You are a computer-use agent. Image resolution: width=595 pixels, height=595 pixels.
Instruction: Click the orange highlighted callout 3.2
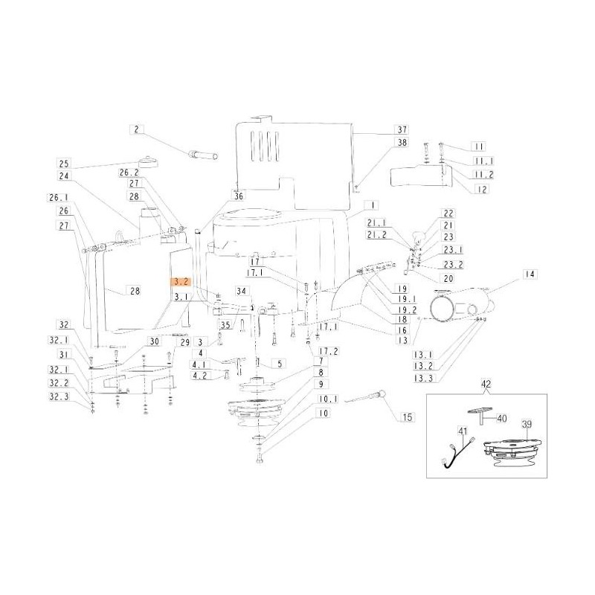point(181,283)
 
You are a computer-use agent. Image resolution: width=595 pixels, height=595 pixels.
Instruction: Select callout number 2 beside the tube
point(137,129)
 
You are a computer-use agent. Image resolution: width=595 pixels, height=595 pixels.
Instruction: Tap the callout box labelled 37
point(402,129)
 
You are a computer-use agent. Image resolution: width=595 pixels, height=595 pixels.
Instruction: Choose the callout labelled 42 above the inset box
point(486,385)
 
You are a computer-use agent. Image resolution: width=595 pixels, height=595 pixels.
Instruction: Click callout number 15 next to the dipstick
point(407,417)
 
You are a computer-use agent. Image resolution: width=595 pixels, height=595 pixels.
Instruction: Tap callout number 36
point(238,197)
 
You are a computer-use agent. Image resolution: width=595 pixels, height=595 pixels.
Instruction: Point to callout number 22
point(448,213)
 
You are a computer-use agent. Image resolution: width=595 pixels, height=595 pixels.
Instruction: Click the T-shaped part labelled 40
point(477,412)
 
